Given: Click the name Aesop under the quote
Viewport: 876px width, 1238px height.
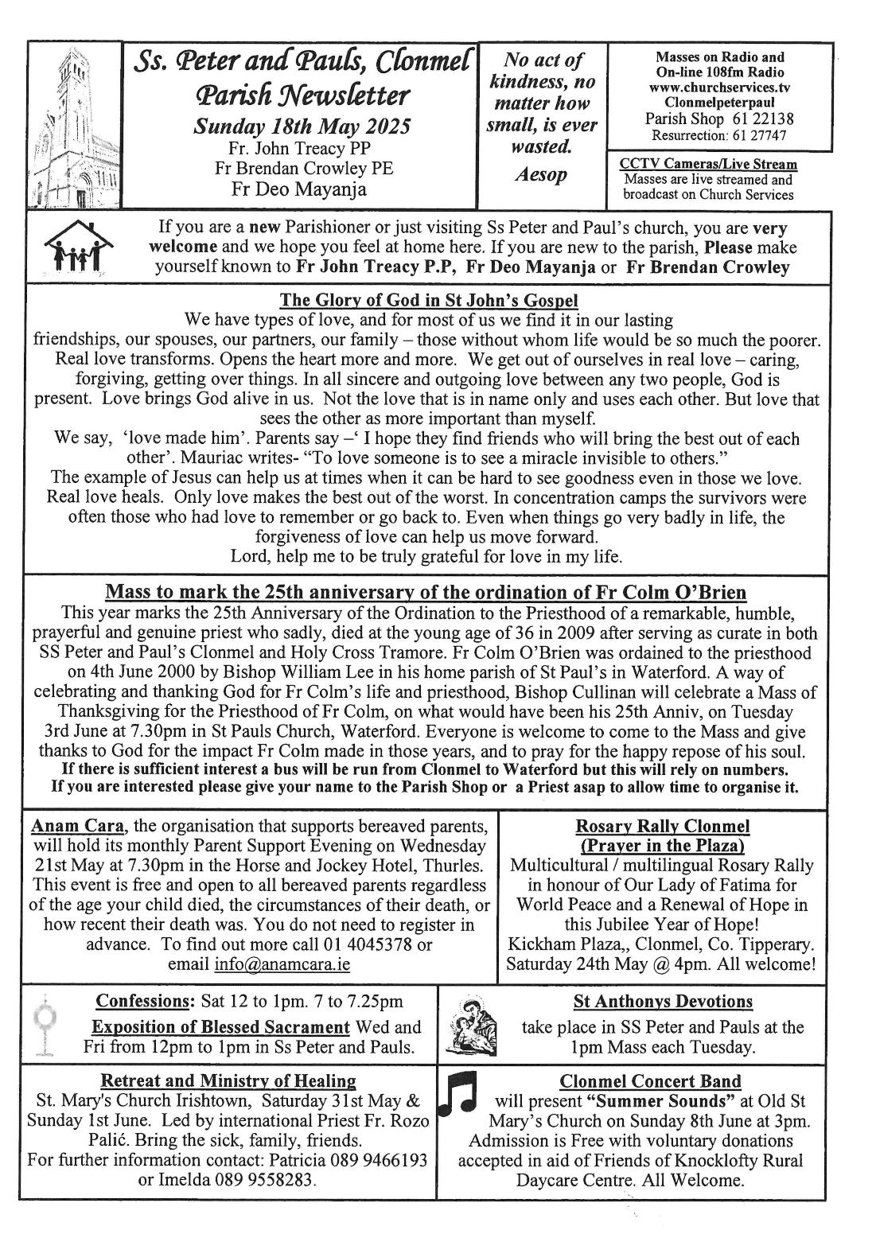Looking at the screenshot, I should [542, 174].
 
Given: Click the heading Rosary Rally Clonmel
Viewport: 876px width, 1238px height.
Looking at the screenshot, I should [663, 827].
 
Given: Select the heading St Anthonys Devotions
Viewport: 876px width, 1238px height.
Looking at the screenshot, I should [663, 1001].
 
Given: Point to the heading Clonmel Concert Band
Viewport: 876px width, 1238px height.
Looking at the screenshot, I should [650, 1080].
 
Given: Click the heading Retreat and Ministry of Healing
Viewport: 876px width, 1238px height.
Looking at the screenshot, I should [228, 1080].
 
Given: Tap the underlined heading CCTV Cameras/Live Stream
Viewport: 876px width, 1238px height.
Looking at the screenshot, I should [708, 165].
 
